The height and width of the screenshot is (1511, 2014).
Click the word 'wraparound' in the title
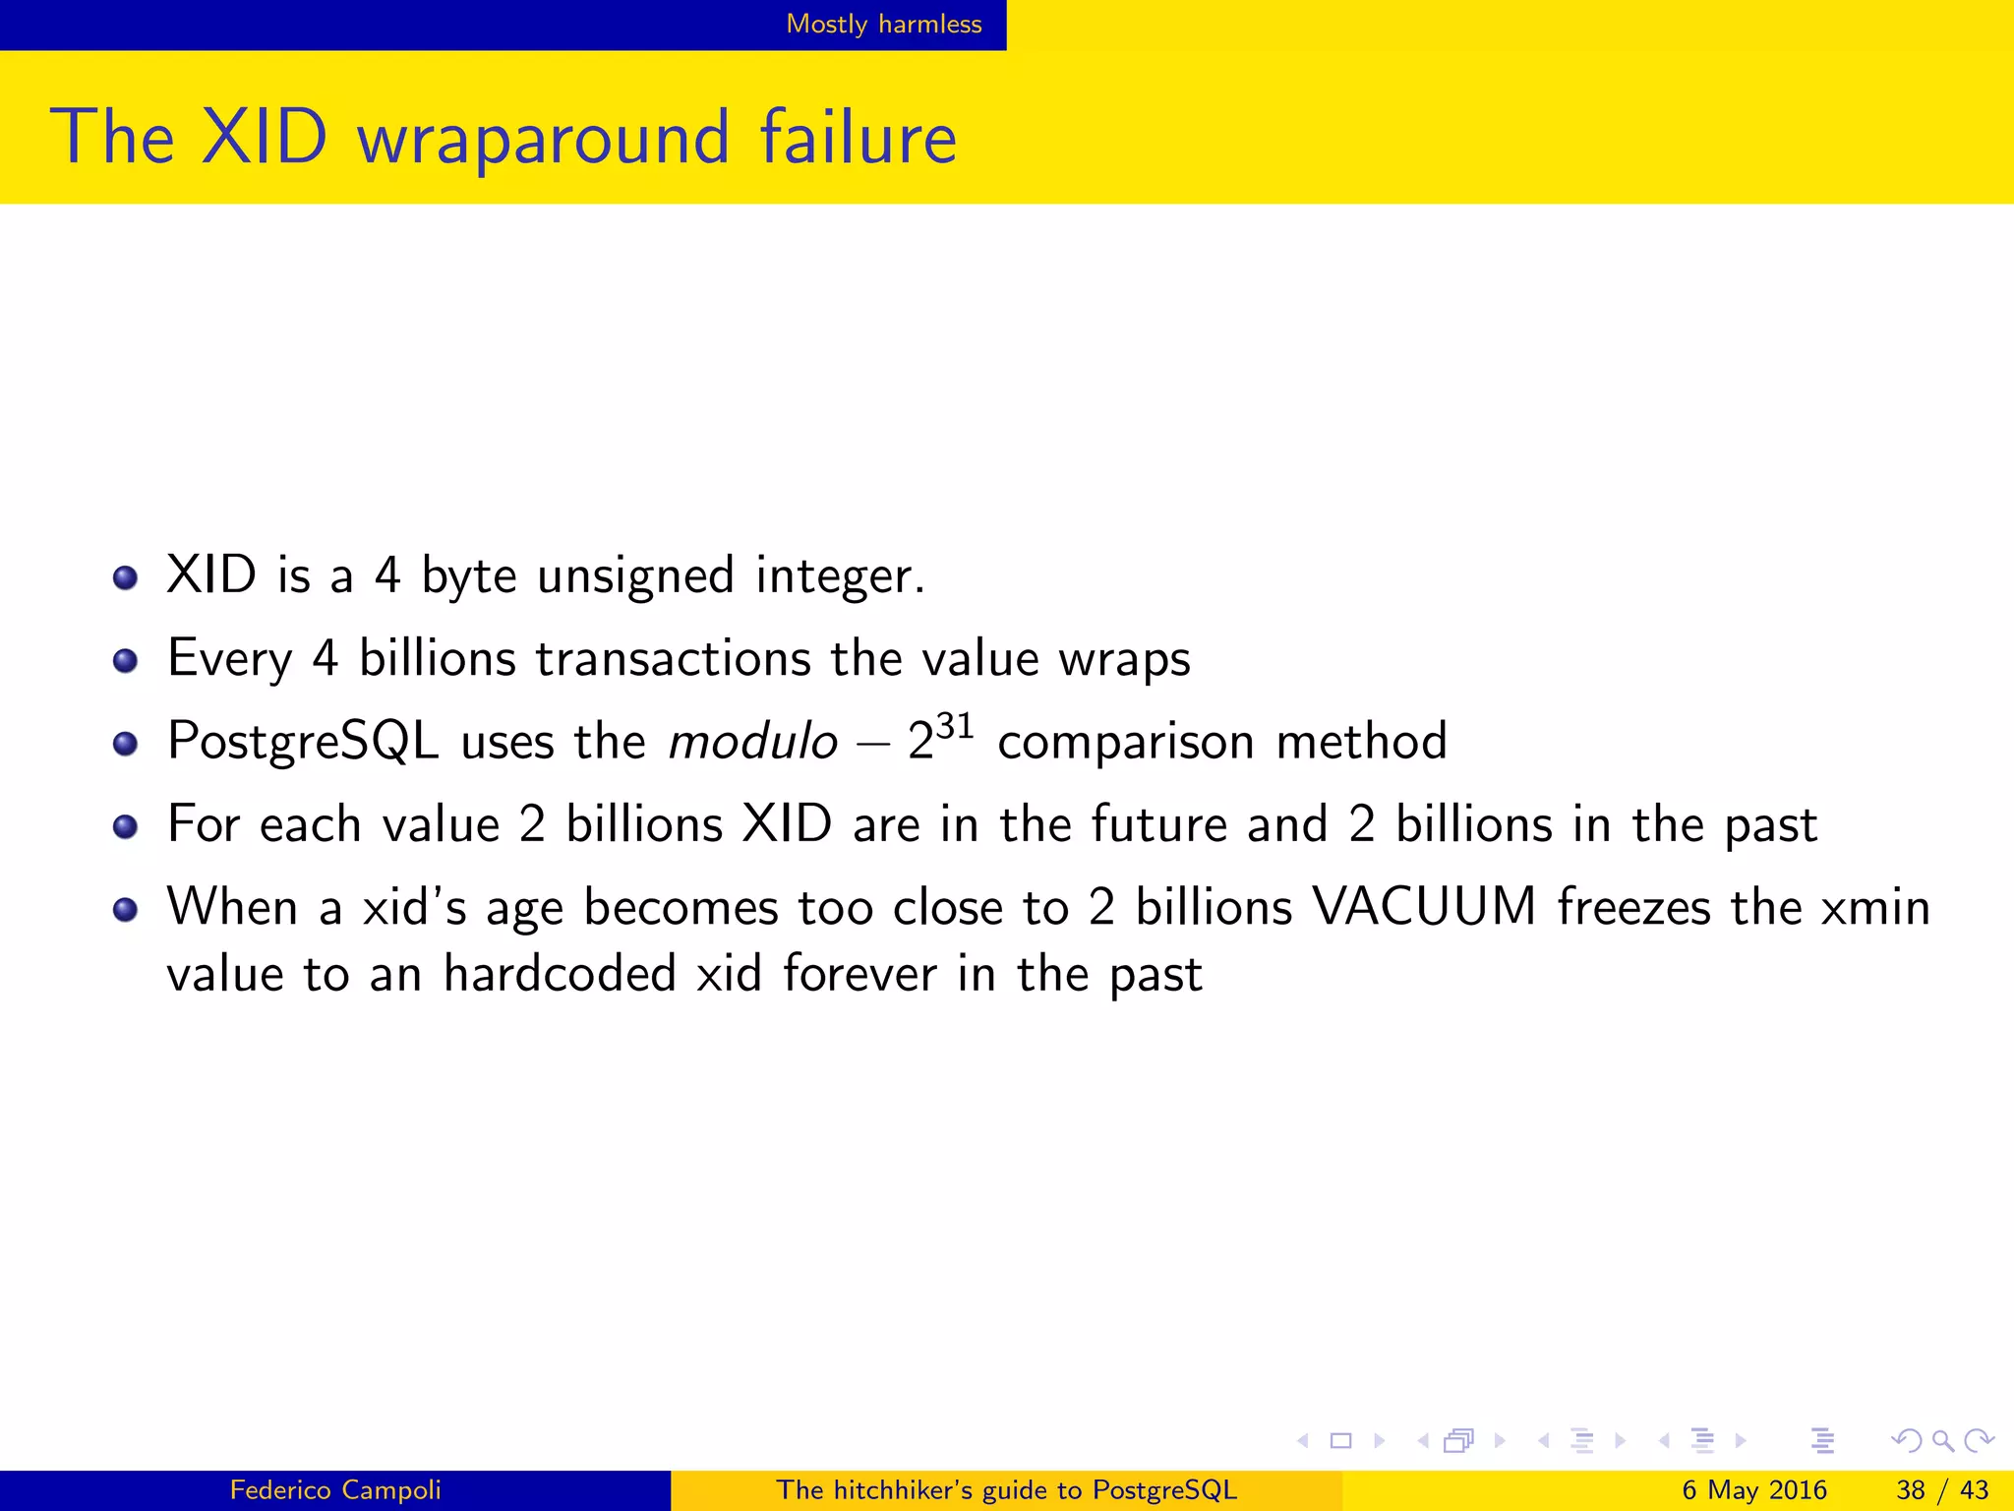(544, 138)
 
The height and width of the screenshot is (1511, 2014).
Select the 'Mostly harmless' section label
(883, 24)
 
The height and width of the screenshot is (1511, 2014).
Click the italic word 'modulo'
(752, 741)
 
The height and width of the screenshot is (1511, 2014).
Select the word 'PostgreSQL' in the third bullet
(303, 742)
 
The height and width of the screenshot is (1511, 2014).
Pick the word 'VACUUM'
(1424, 906)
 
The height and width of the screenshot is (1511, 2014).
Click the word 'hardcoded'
(559, 974)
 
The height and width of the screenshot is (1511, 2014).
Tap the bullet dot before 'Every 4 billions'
(125, 660)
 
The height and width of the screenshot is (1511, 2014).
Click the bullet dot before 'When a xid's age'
(125, 909)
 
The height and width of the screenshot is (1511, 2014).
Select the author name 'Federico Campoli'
(335, 1490)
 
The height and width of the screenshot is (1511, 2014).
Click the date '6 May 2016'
(1753, 1490)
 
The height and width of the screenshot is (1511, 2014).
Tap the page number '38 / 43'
(1942, 1490)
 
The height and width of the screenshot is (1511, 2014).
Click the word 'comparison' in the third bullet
(1125, 742)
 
